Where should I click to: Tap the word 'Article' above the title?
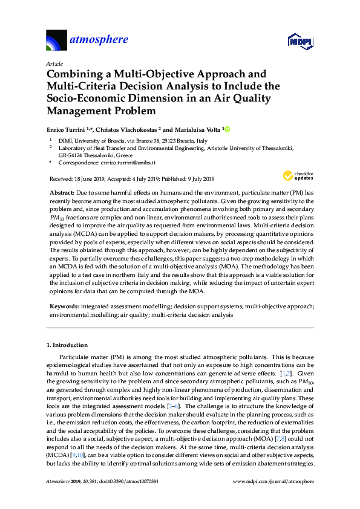click(x=55, y=63)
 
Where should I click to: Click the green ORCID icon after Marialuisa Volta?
click(x=228, y=129)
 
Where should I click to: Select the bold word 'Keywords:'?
click(x=64, y=307)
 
